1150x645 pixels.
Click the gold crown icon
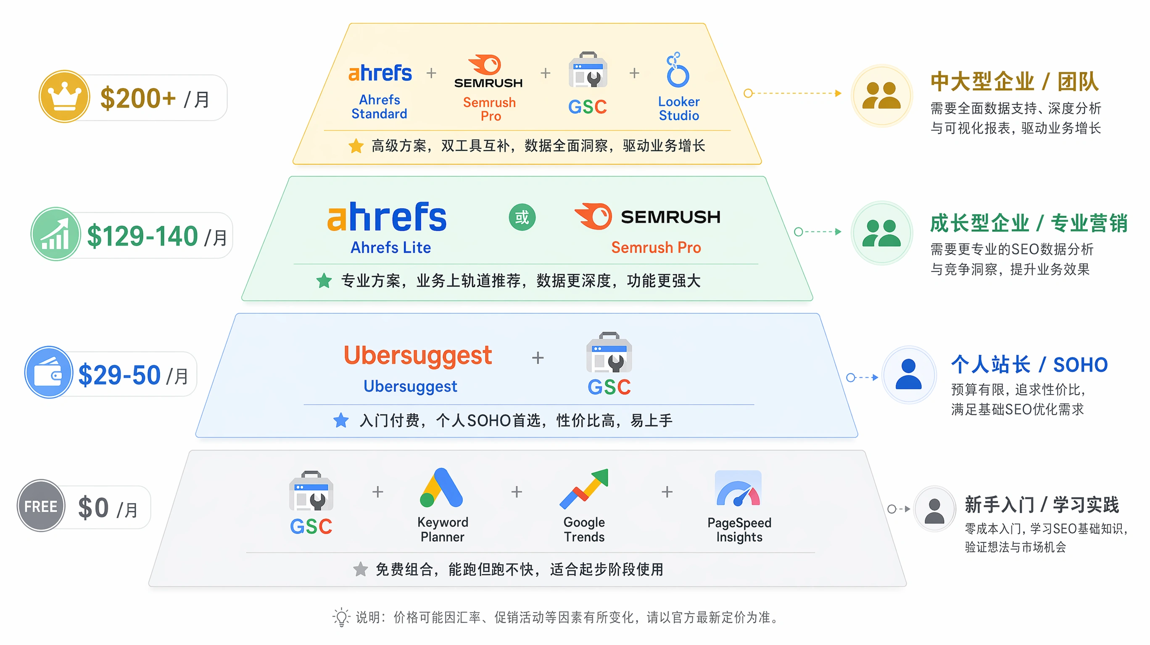64,96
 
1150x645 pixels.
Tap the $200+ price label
138,98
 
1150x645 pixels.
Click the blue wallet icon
49,372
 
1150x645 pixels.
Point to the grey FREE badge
41,506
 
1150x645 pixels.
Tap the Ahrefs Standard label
380,107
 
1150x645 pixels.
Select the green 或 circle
522,217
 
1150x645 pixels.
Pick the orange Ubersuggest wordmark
417,356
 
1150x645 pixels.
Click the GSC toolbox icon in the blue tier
609,352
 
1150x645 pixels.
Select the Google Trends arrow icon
584,488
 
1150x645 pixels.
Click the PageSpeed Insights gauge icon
738,488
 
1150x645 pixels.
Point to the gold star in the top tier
356,145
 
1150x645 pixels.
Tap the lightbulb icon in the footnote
341,617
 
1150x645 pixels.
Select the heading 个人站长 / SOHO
1029,364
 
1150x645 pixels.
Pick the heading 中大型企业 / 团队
1014,81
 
